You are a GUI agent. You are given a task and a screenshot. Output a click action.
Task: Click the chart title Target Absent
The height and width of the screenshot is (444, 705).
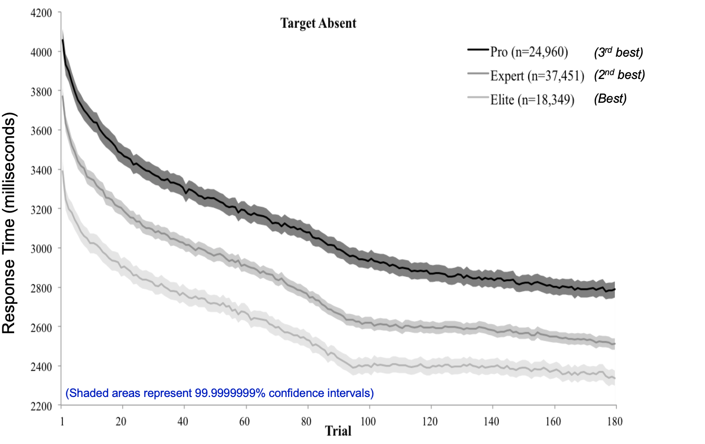318,23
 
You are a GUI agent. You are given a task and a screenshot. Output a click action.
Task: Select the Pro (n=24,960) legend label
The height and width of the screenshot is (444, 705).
529,52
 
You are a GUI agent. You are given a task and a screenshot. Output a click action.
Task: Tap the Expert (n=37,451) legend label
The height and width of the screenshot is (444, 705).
536,76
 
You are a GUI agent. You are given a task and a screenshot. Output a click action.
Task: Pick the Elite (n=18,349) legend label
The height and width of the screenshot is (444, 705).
532,100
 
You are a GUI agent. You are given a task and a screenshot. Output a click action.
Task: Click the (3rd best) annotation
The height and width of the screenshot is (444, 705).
618,52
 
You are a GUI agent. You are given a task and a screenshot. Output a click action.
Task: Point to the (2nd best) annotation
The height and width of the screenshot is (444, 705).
619,75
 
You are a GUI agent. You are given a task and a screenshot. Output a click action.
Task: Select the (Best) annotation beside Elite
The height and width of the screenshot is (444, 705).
610,99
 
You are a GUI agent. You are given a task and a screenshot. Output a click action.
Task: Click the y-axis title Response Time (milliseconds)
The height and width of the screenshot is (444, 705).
9,223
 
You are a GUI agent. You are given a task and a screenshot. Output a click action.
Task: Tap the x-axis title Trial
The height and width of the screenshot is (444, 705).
338,431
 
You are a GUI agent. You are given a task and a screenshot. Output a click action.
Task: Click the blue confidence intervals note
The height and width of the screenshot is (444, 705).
219,393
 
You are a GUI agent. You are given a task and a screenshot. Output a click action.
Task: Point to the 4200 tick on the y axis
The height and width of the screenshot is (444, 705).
41,13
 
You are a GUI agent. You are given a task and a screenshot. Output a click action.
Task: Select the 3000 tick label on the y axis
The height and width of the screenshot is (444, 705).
41,249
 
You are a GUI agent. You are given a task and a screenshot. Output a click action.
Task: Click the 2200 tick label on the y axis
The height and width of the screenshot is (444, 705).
41,406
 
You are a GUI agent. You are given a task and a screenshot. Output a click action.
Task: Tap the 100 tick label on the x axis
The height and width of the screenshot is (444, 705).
368,421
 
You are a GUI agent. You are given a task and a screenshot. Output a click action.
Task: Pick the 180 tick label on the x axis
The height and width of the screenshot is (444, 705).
614,421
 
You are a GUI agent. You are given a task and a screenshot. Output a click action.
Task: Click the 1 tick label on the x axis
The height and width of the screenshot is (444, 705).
62,421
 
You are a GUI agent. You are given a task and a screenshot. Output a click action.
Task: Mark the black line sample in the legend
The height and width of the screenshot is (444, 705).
478,49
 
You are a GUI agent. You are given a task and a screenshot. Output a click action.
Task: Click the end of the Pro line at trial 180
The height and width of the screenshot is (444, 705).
614,289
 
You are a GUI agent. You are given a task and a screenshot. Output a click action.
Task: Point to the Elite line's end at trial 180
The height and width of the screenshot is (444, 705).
614,378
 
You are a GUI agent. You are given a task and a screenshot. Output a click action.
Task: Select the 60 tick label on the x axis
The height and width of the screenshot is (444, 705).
245,421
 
